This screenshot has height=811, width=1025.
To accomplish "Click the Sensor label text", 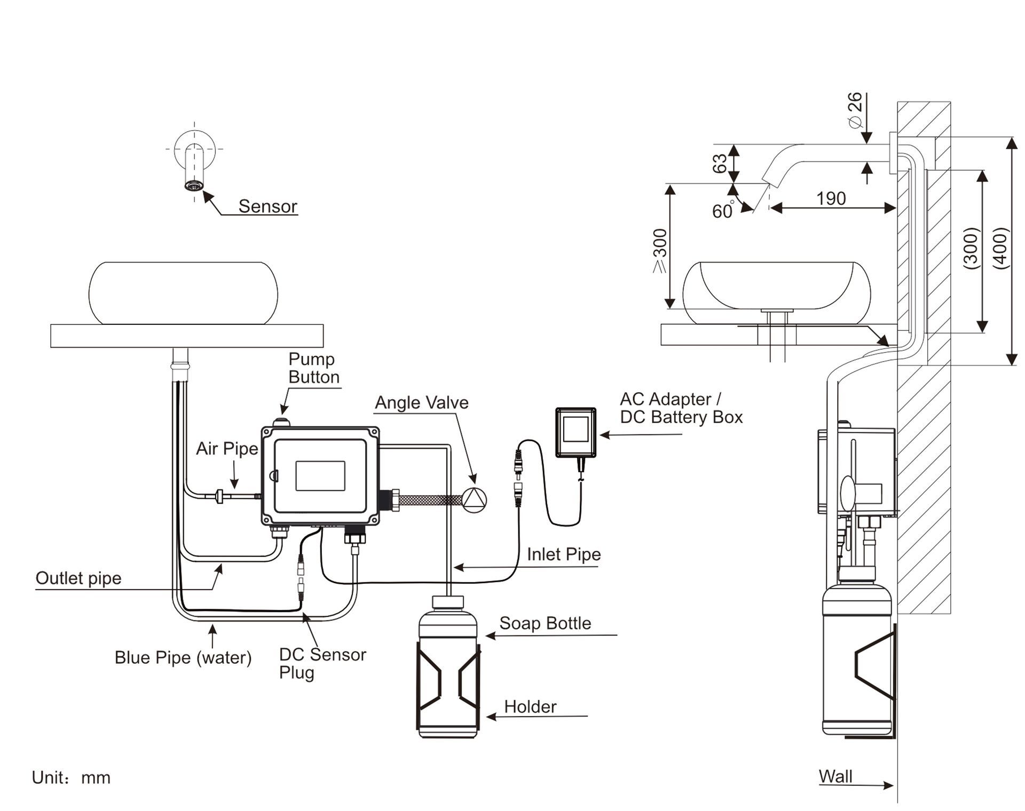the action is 267,206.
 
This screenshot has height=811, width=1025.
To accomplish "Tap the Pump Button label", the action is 314,368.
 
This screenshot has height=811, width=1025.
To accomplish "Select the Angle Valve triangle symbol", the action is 474,500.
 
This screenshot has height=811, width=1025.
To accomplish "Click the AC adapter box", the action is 575,433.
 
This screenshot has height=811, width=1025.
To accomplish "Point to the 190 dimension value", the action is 831,198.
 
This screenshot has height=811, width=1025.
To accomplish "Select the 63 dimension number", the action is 720,163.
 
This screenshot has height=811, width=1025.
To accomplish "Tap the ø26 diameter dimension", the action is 855,110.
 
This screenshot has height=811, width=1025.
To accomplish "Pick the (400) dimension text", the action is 1001,248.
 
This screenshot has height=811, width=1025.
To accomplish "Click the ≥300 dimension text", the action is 660,251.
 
